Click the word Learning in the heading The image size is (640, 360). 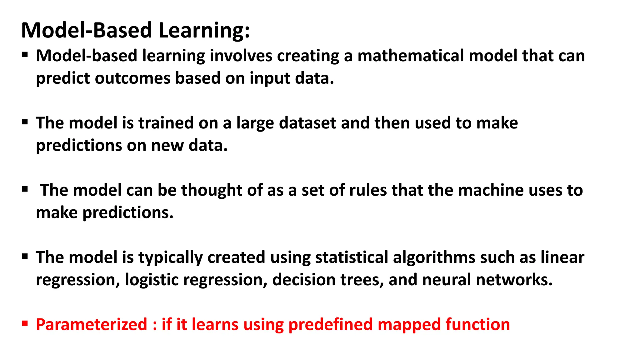pyautogui.click(x=204, y=31)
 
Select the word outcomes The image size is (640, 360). pyautogui.click(x=132, y=78)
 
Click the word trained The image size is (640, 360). pyautogui.click(x=166, y=123)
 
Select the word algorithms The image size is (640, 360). pyautogui.click(x=434, y=258)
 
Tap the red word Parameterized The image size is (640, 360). pyautogui.click(x=92, y=325)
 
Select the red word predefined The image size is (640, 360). pyautogui.click(x=331, y=325)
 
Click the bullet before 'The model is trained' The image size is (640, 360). pyautogui.click(x=25, y=122)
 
